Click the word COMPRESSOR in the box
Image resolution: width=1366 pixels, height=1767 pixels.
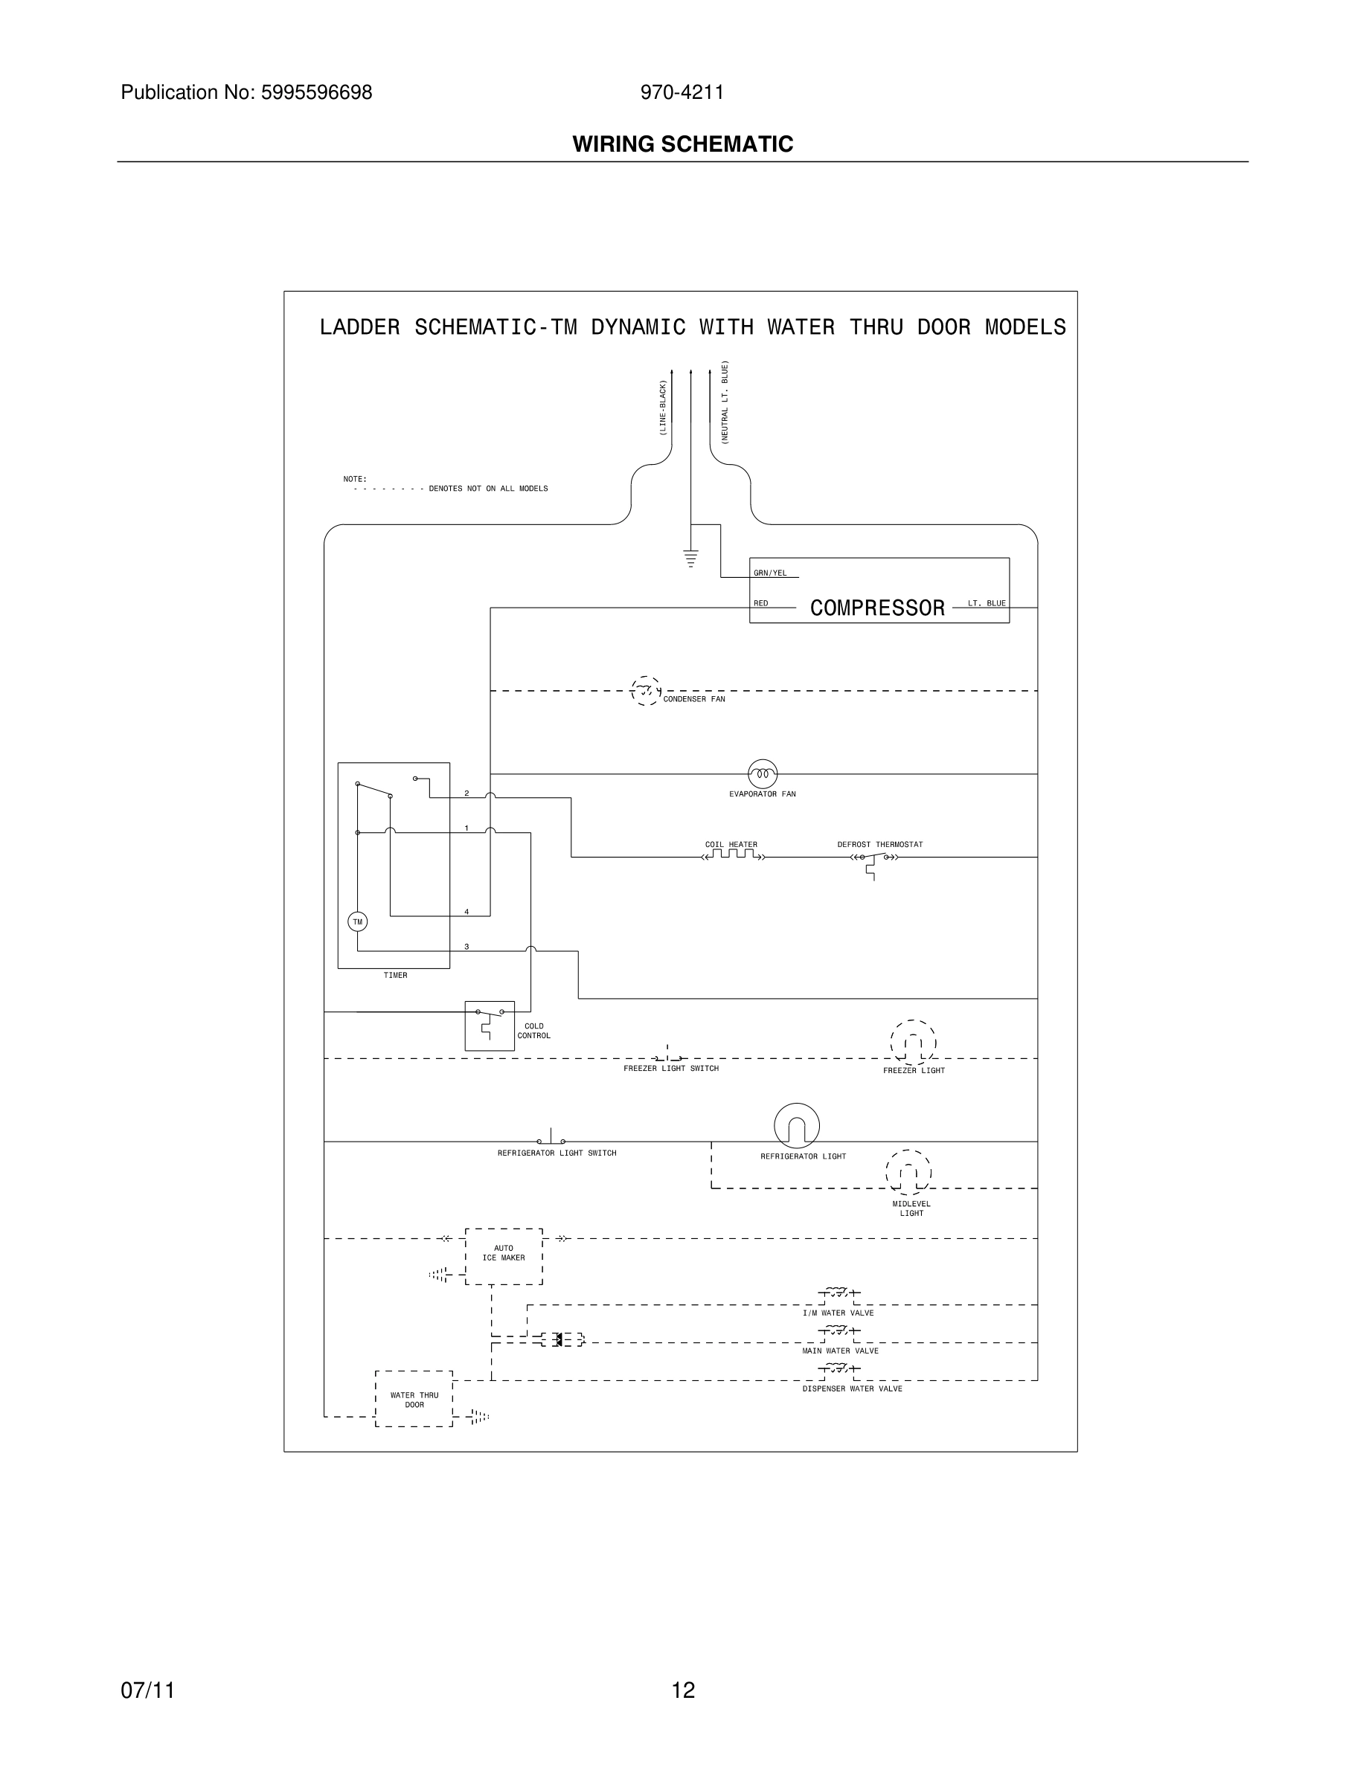click(877, 608)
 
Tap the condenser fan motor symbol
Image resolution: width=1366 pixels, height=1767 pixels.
click(645, 691)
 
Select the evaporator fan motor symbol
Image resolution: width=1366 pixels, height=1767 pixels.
click(763, 774)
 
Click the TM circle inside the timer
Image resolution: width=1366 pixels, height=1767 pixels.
click(357, 921)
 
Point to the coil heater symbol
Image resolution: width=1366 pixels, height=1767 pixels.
click(732, 855)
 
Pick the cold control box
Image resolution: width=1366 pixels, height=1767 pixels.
click(490, 1025)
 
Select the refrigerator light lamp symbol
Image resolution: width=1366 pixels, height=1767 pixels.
click(796, 1125)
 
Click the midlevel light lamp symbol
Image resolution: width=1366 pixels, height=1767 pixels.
click(908, 1172)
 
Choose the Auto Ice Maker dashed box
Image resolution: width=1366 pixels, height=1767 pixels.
click(504, 1255)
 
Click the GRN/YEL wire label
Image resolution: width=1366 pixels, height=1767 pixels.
click(769, 573)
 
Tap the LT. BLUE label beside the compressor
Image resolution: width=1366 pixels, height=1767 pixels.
click(987, 604)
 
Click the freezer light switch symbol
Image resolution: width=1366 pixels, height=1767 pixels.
click(668, 1056)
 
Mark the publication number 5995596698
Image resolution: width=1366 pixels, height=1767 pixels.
click(316, 92)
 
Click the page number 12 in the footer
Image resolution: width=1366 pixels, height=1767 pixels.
click(683, 1690)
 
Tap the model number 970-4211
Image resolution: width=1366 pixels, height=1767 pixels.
click(682, 92)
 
